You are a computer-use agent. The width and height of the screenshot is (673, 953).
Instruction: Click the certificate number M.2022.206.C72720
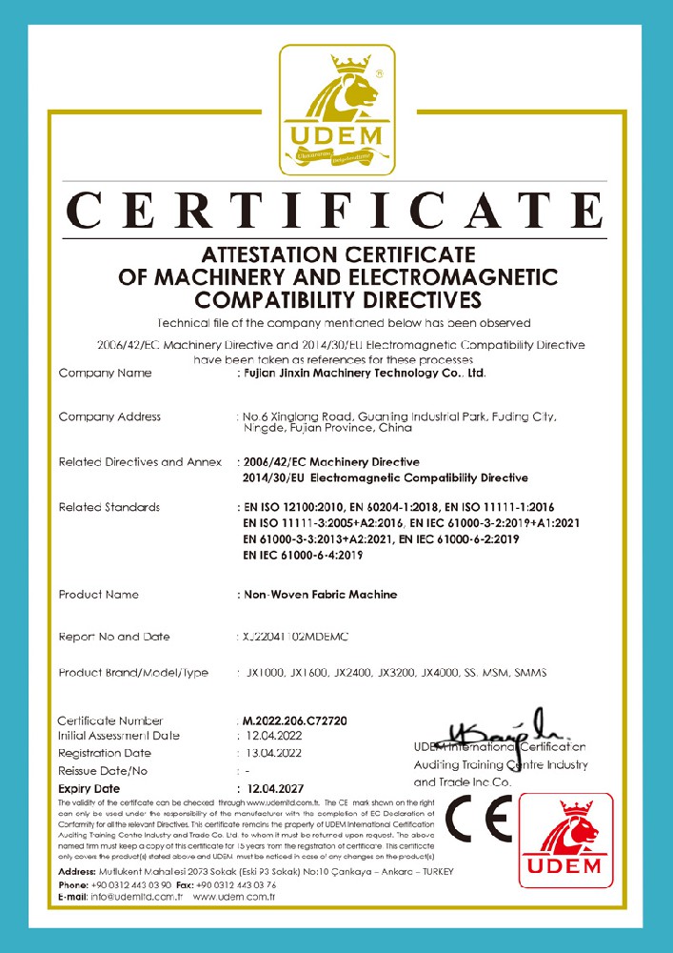(x=294, y=721)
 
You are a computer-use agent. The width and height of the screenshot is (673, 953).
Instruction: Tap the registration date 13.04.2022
(x=273, y=754)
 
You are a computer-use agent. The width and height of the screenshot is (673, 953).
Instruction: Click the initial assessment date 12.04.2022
(x=274, y=737)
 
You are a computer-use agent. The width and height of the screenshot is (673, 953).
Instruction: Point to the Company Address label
(x=109, y=416)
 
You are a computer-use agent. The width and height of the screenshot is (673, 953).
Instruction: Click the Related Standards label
(x=109, y=507)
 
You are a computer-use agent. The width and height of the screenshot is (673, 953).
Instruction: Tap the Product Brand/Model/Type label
(x=133, y=673)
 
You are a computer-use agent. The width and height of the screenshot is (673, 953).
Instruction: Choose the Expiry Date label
(x=89, y=789)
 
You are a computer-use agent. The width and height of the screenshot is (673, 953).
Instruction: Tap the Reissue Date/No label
(x=103, y=771)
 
